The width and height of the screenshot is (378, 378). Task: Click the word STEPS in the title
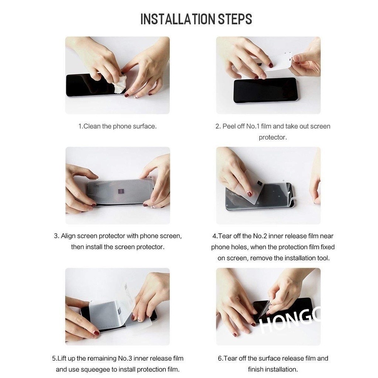pos(235,19)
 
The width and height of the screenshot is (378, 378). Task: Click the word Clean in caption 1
pos(92,126)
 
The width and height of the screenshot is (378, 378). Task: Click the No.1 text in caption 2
pos(252,126)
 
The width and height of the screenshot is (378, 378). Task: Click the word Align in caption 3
pos(68,236)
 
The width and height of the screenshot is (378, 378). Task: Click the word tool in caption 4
pos(323,258)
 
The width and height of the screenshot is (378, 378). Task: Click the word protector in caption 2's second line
pos(273,137)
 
